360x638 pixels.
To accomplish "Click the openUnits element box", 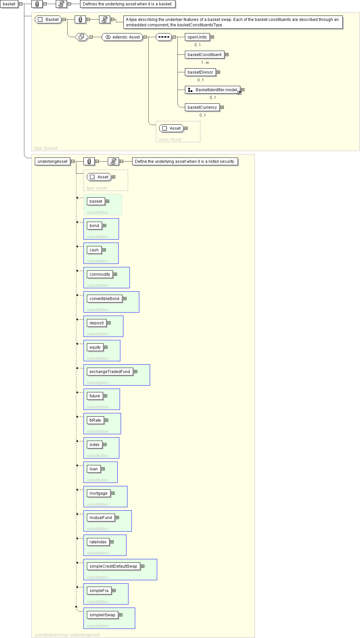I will pos(197,37).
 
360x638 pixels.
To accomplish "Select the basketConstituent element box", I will pos(205,55).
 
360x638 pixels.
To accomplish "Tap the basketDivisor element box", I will pos(200,72).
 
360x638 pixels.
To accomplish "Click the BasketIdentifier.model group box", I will pos(213,90).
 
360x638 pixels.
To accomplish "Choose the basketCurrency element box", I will pos(202,107).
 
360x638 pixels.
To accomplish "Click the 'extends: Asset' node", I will pos(122,37).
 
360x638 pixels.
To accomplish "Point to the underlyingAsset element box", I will pos(52,162).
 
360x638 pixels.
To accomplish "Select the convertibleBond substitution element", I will pos(104,299).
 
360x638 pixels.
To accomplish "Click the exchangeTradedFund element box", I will pos(110,372).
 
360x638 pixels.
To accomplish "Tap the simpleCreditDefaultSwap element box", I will pos(113,566).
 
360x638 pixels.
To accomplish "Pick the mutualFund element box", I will pos(101,518).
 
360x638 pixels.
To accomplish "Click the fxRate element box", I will pos(95,420).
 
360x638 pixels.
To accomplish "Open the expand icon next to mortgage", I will pos(113,493).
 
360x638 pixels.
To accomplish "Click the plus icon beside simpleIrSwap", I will pos(121,615).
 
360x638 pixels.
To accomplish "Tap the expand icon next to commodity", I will pos(115,274).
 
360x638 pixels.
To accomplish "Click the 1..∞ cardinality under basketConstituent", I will pos(205,63).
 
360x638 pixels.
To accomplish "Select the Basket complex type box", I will pos(48,20).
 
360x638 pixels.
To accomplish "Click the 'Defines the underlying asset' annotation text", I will pos(127,4).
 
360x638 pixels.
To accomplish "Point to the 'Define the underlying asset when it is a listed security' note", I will pos(185,162).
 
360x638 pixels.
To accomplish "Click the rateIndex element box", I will pos(98,542).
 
